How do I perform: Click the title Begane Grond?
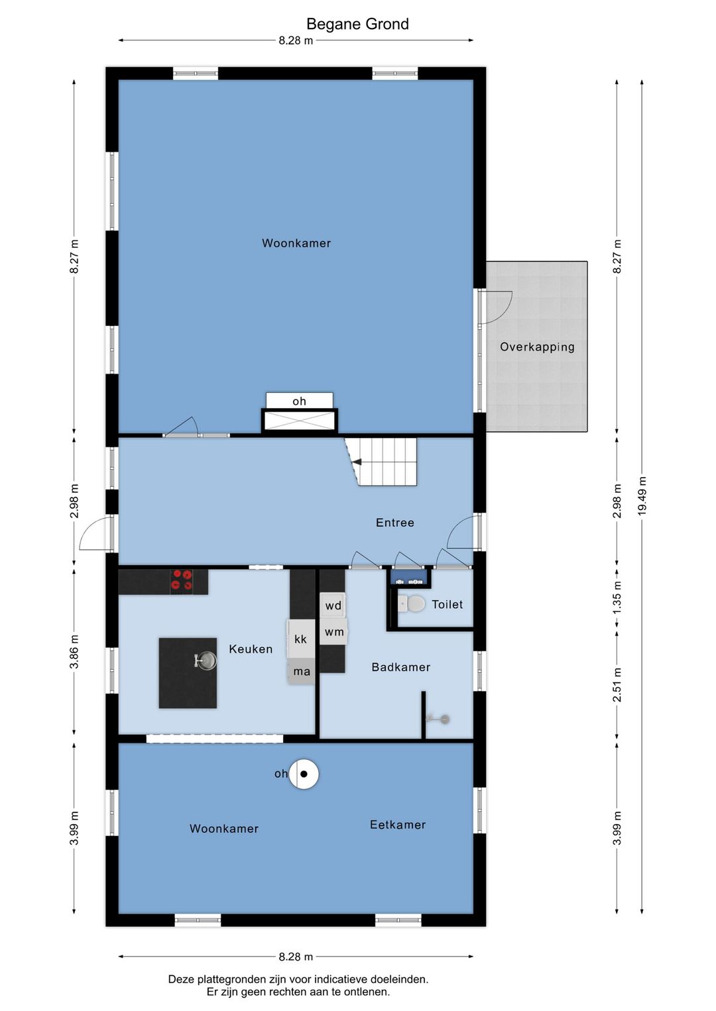point(357,24)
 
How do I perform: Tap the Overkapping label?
point(537,347)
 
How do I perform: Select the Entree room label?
point(395,523)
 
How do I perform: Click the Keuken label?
point(251,649)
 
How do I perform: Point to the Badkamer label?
point(400,667)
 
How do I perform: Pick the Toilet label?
point(447,604)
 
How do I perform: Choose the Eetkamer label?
point(398,825)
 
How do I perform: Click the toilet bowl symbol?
point(412,604)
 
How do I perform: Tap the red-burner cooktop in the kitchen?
point(182,580)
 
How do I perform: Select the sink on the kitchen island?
point(206,661)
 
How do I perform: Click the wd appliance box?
point(333,606)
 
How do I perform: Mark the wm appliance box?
point(334,632)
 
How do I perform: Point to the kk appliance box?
point(300,639)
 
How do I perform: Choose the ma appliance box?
point(302,671)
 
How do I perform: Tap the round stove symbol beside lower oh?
point(304,774)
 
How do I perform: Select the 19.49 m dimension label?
point(642,495)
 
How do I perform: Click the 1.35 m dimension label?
point(617,596)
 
